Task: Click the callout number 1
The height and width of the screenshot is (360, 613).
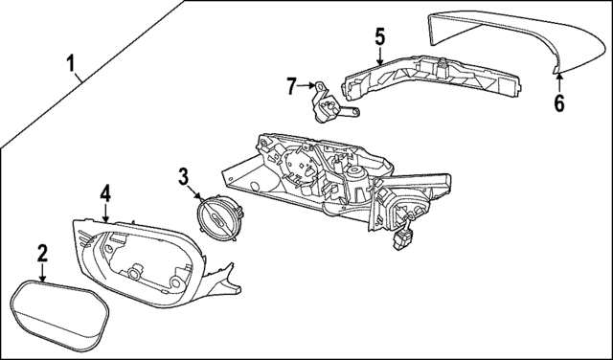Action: point(72,65)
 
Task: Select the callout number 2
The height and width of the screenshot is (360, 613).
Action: point(42,254)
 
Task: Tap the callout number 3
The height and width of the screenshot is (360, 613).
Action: point(183,175)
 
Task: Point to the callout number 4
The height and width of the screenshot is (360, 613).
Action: point(105,193)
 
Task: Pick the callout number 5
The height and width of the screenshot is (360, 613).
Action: point(379,37)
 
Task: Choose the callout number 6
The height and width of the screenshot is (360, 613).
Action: point(559,102)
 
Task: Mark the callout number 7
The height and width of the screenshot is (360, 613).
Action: point(292,86)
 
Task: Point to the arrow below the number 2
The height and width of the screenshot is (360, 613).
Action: point(42,272)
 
